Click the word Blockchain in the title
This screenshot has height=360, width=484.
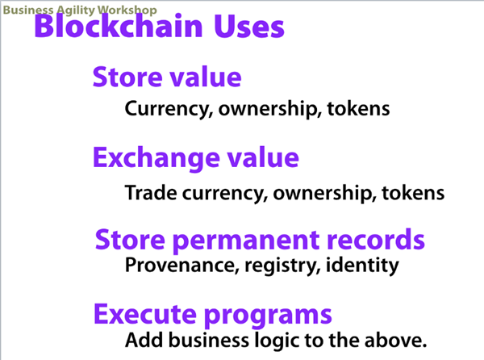coord(119,26)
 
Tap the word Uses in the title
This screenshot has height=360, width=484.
coord(248,27)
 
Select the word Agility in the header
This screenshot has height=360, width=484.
coord(75,10)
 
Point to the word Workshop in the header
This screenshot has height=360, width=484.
coord(127,10)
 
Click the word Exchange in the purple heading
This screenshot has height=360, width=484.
coord(156,159)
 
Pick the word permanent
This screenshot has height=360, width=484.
coord(245,241)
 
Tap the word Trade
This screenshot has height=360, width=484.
coord(151,193)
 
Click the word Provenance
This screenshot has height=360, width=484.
coord(182,265)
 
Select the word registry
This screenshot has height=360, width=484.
coord(282,266)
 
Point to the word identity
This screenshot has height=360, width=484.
coord(362,266)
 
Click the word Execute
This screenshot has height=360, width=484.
coord(145,314)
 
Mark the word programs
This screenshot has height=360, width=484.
coord(268,316)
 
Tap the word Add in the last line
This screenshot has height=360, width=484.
coord(144,340)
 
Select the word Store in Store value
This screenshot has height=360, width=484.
coord(127,77)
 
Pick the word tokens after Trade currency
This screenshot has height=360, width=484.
coord(413,193)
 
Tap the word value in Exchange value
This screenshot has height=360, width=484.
coord(263,157)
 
